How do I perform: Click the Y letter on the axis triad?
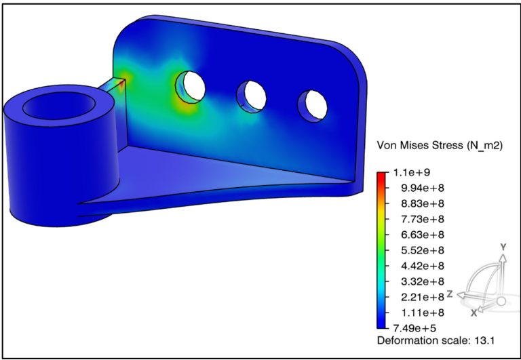(x=503, y=248)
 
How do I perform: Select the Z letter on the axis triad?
(x=449, y=294)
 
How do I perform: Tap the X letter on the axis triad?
(x=474, y=313)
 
